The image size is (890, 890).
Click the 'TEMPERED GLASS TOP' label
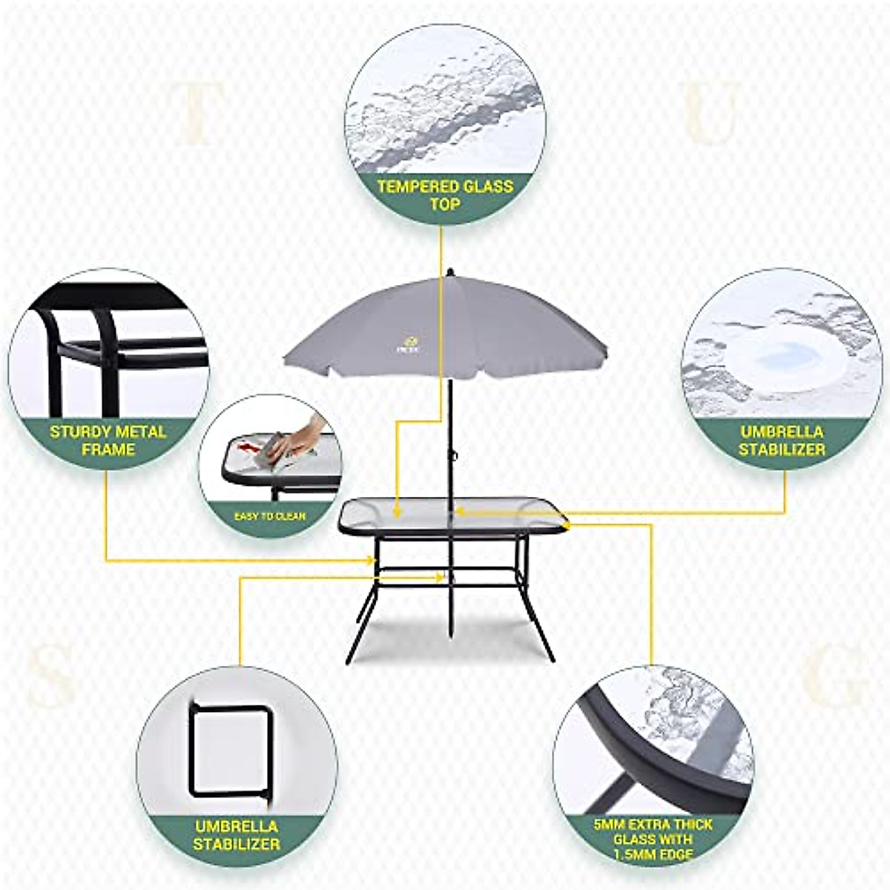(x=445, y=194)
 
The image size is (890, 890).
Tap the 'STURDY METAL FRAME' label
(x=108, y=440)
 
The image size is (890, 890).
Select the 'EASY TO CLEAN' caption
(x=270, y=515)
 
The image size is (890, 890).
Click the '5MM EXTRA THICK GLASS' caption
(x=653, y=839)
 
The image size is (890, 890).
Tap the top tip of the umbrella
(x=449, y=271)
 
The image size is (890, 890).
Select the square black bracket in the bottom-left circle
(x=231, y=750)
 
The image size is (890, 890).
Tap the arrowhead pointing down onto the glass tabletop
(x=398, y=511)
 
